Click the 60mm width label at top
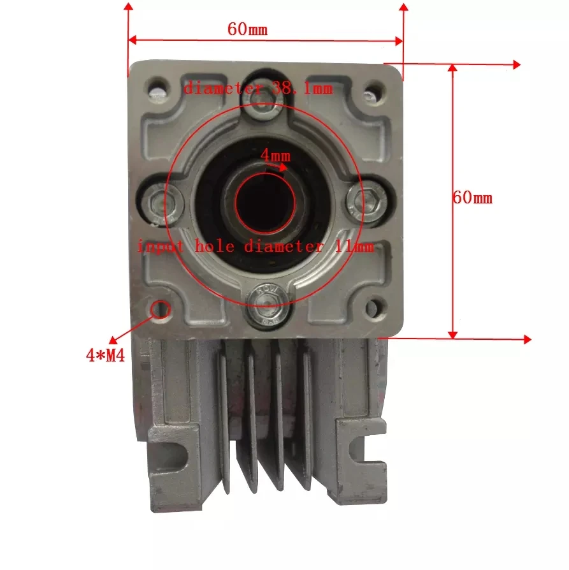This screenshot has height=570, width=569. pyautogui.click(x=247, y=29)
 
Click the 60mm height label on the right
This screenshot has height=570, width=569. pyautogui.click(x=472, y=198)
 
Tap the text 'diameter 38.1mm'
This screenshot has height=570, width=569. pyautogui.click(x=258, y=89)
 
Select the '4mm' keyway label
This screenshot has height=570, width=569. pyautogui.click(x=275, y=156)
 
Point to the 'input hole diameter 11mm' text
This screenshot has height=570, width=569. pyautogui.click(x=256, y=246)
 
